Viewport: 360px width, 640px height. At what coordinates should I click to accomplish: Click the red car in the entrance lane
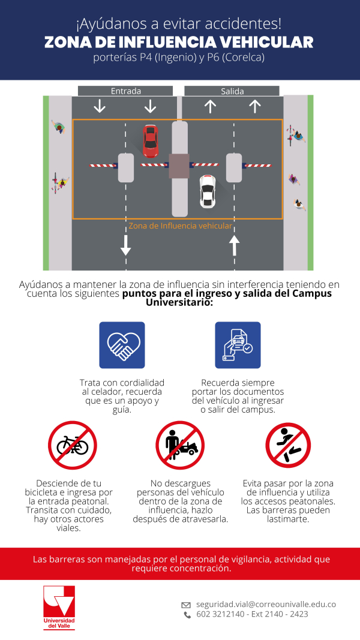(x=151, y=140)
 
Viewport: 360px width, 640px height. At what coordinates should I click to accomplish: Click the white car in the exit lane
(x=208, y=191)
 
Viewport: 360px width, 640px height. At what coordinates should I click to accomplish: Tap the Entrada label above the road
(x=125, y=91)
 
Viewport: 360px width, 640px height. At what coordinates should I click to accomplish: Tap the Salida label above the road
(x=232, y=91)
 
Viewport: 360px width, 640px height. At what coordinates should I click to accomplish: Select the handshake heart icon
(x=122, y=345)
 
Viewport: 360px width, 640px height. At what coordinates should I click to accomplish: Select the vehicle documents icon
(x=238, y=345)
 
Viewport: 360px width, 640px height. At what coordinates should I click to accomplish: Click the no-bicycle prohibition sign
(x=73, y=445)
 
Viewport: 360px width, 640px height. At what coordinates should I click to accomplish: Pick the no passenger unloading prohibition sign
(x=180, y=445)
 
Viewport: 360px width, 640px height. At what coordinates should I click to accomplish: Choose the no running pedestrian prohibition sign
(x=288, y=445)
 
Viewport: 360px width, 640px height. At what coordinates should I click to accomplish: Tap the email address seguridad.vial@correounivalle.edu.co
(x=266, y=605)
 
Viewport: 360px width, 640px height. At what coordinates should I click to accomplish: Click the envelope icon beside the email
(x=186, y=605)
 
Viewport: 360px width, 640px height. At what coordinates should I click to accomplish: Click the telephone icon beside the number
(x=187, y=615)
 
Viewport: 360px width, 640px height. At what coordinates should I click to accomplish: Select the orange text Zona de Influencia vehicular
(x=180, y=226)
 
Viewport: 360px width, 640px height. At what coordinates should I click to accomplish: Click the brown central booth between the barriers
(x=179, y=166)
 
